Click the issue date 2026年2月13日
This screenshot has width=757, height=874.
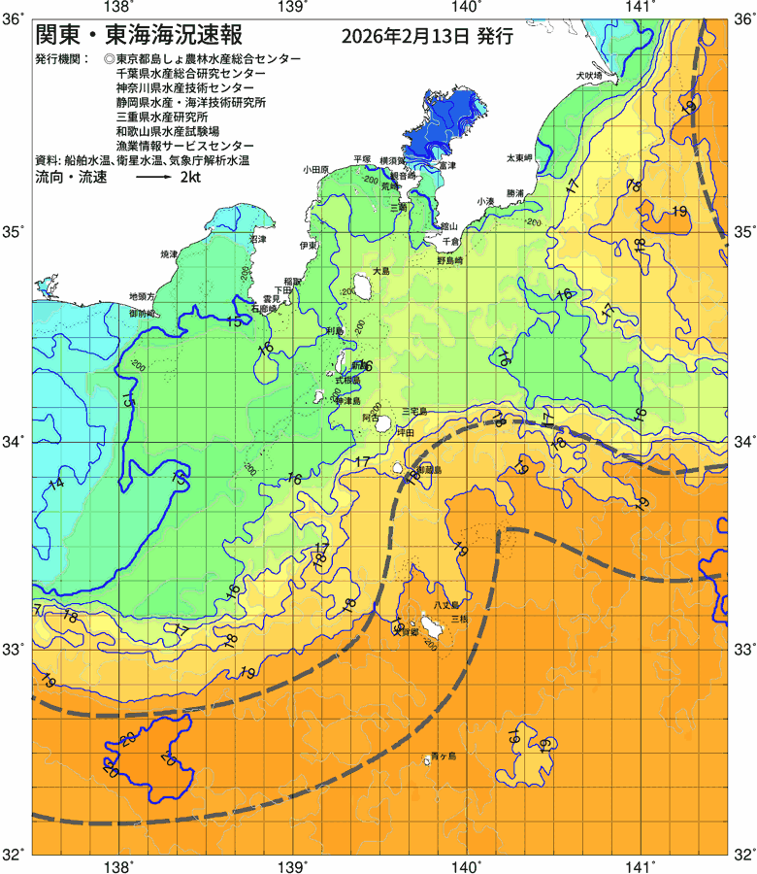(406, 38)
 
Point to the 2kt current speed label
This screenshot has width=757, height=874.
(189, 179)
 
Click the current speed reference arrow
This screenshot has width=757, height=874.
(152, 179)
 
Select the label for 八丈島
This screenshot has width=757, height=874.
(445, 605)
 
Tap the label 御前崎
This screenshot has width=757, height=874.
(143, 315)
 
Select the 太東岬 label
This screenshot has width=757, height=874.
(518, 157)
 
